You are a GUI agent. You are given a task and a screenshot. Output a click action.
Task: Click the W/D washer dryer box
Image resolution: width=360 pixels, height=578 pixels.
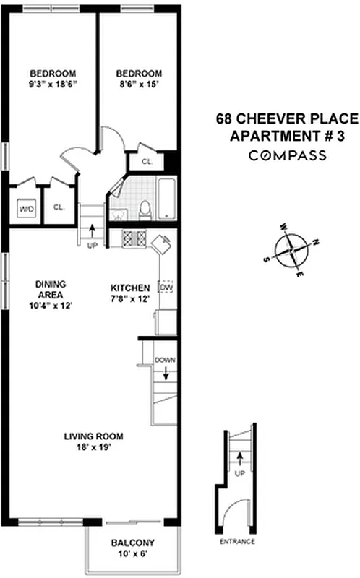pos(27,209)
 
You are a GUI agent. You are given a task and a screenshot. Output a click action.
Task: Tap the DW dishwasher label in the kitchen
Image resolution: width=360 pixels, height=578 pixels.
pos(166,288)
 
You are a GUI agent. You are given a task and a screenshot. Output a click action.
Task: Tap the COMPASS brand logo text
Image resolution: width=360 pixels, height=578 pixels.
pos(287,155)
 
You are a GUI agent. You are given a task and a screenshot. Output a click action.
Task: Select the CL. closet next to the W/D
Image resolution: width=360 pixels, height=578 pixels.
pos(59,207)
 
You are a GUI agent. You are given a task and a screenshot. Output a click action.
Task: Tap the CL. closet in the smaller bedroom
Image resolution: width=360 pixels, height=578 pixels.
pos(146,162)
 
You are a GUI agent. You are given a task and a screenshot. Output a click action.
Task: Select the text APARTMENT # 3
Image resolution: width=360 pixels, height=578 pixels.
pos(287,137)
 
